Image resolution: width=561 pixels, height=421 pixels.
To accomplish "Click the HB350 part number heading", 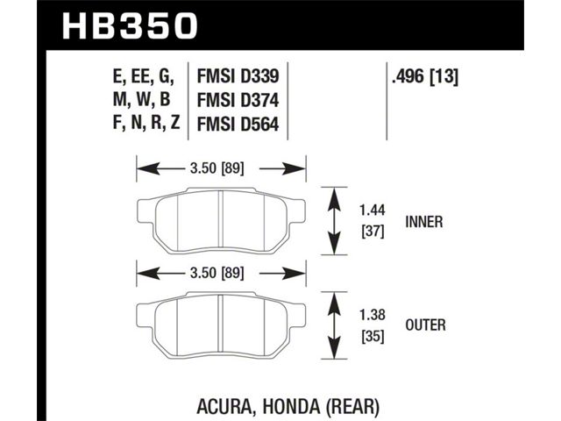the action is tap(130, 25).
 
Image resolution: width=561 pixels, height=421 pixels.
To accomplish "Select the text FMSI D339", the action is tap(238, 76).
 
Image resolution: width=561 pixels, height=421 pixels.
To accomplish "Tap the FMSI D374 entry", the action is tap(238, 100).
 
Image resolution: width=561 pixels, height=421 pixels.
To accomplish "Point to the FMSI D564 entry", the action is tap(238, 125).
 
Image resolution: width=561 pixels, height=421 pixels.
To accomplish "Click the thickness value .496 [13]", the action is tap(424, 76).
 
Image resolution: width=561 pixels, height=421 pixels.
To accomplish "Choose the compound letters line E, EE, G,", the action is tap(144, 77).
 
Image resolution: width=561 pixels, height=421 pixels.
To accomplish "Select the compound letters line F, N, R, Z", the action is tap(146, 124).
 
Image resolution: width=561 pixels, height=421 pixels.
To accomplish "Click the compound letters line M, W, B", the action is tap(142, 100).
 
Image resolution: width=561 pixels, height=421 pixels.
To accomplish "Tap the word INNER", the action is tap(424, 222).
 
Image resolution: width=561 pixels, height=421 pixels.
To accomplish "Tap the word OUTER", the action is tap(425, 325).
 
